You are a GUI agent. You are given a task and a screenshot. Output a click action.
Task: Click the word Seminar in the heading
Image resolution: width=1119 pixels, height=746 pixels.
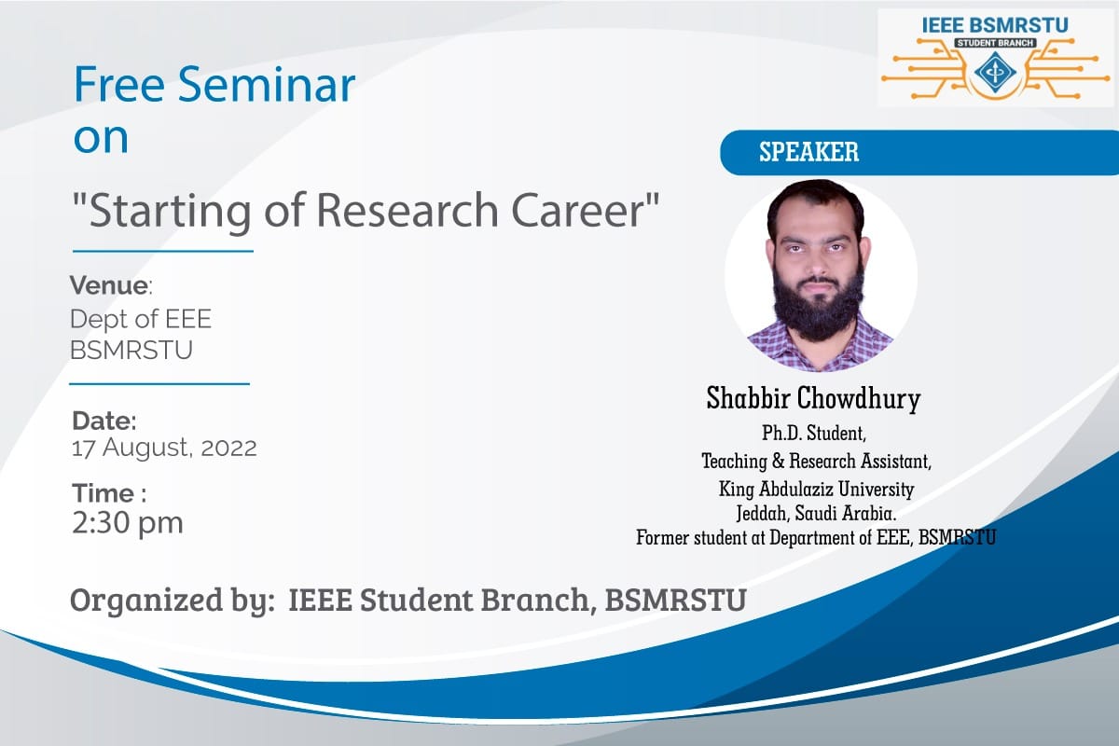click(x=267, y=85)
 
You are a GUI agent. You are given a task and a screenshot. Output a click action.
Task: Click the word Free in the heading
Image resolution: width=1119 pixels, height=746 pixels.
click(x=119, y=85)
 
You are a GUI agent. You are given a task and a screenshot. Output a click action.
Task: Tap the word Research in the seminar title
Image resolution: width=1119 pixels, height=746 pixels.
click(x=408, y=211)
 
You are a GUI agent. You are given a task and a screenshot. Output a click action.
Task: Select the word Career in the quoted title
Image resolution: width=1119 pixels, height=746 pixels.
click(x=579, y=211)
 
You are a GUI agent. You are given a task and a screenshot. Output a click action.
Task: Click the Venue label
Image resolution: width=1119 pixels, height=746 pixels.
click(x=109, y=285)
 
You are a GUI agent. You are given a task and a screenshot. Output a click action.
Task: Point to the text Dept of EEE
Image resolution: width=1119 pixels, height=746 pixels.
click(x=141, y=319)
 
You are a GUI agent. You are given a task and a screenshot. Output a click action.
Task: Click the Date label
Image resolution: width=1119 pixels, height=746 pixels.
click(x=104, y=421)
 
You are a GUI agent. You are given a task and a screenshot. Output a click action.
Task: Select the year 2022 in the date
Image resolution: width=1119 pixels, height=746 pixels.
click(x=228, y=448)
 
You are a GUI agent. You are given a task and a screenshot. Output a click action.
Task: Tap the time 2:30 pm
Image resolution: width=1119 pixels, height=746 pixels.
click(x=128, y=522)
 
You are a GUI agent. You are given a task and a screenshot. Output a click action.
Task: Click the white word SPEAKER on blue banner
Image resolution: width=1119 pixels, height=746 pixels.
click(x=808, y=152)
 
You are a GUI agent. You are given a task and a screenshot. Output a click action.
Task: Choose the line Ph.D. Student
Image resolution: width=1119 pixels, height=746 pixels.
click(x=814, y=434)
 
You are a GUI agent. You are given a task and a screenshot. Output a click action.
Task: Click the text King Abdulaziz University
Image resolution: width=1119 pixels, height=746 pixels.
click(x=816, y=489)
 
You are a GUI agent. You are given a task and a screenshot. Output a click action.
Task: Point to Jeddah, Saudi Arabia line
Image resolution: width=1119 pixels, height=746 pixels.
click(x=816, y=513)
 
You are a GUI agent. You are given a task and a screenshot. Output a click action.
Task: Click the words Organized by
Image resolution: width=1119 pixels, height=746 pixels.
click(x=173, y=601)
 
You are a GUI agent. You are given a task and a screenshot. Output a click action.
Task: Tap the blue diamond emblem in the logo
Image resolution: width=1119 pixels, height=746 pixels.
click(x=995, y=73)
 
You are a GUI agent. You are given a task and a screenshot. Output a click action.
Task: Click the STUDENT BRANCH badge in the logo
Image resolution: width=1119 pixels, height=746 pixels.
click(x=995, y=43)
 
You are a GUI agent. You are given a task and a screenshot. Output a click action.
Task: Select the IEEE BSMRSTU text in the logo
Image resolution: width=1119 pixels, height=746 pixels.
click(x=995, y=25)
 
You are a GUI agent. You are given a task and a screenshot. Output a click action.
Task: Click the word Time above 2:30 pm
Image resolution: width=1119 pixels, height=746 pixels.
click(x=104, y=493)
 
